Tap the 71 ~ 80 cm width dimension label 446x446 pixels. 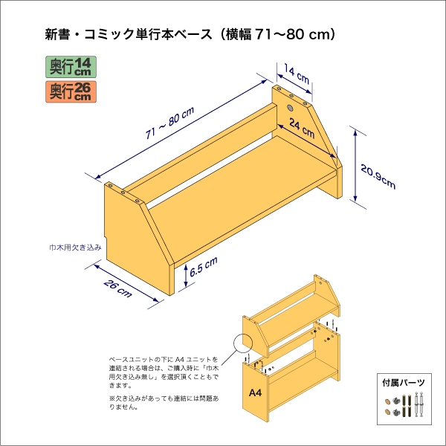(x=169, y=123)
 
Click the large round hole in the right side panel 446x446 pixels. (x=289, y=109)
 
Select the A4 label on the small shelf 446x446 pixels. (x=255, y=392)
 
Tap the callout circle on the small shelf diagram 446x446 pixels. (x=243, y=343)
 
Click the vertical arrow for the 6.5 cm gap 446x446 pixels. (x=184, y=277)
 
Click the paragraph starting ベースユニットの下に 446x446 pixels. (x=164, y=372)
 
